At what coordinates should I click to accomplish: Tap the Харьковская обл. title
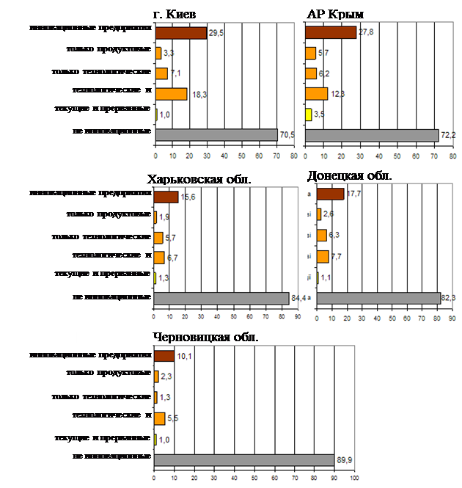(199, 180)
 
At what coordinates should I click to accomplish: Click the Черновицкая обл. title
(206, 336)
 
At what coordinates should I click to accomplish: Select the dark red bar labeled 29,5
(181, 32)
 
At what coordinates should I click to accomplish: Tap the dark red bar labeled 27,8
(330, 32)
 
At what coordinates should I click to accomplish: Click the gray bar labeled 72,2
(371, 135)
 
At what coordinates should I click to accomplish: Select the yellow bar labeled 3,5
(309, 114)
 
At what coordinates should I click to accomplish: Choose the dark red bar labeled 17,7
(330, 194)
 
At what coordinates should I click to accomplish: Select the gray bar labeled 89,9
(245, 459)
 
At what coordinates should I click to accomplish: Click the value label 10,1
(184, 357)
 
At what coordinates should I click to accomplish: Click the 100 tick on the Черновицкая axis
(354, 478)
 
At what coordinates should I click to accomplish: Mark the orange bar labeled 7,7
(323, 256)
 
